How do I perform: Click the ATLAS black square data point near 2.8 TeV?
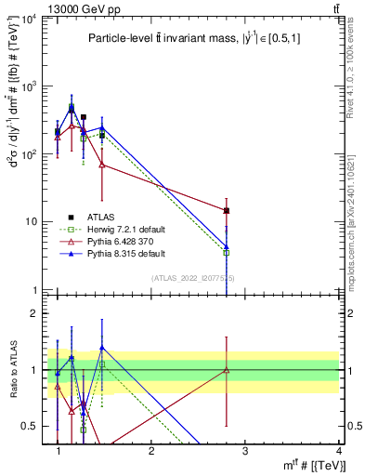pyautogui.click(x=227, y=211)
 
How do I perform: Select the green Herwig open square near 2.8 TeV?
pyautogui.click(x=227, y=252)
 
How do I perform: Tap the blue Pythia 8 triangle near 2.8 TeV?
pyautogui.click(x=227, y=247)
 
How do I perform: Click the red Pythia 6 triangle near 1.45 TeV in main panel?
pyautogui.click(x=102, y=165)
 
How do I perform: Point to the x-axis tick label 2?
pyautogui.click(x=151, y=452)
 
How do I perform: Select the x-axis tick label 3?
pyautogui.click(x=245, y=452)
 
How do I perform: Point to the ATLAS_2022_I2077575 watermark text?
pyautogui.click(x=193, y=278)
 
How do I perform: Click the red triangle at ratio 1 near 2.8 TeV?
pyautogui.click(x=227, y=370)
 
